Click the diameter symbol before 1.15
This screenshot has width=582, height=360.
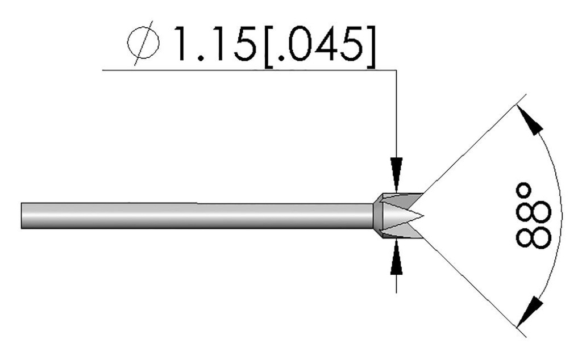coord(144,45)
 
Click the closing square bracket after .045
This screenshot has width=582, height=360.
coord(370,45)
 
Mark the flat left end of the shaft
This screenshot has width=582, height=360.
coord(22,216)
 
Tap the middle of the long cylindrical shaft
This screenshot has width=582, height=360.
coord(196,216)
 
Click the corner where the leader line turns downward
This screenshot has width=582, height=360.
coord(396,70)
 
